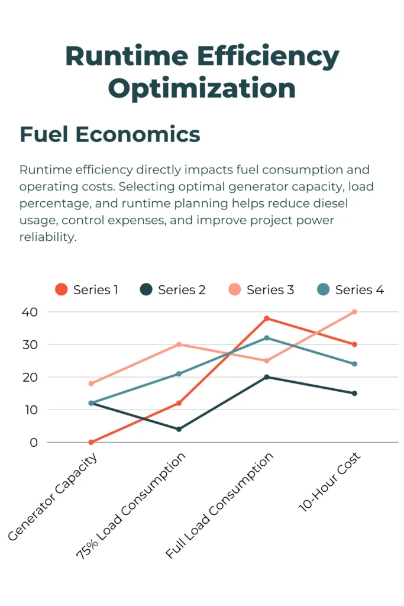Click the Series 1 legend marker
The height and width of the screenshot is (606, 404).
[61, 289]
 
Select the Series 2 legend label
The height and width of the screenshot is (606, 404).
[182, 290]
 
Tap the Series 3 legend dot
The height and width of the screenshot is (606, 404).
[235, 289]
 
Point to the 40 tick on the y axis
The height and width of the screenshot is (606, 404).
[30, 312]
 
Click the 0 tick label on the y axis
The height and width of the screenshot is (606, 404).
[34, 442]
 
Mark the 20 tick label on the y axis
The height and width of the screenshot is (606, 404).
[30, 377]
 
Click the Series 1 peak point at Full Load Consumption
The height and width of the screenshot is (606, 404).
[267, 318]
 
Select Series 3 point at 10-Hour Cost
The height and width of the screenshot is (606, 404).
[355, 312]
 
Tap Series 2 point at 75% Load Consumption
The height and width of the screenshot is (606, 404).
[179, 429]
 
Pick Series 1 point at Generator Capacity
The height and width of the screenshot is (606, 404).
[91, 442]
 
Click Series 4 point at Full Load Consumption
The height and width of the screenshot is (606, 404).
[267, 338]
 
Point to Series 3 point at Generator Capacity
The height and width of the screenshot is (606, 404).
[91, 383]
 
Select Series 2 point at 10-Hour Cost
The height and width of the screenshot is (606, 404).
[355, 393]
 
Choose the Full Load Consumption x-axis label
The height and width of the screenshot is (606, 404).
[220, 506]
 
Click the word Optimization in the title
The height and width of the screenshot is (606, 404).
[202, 88]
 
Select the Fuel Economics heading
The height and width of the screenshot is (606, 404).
[110, 134]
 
